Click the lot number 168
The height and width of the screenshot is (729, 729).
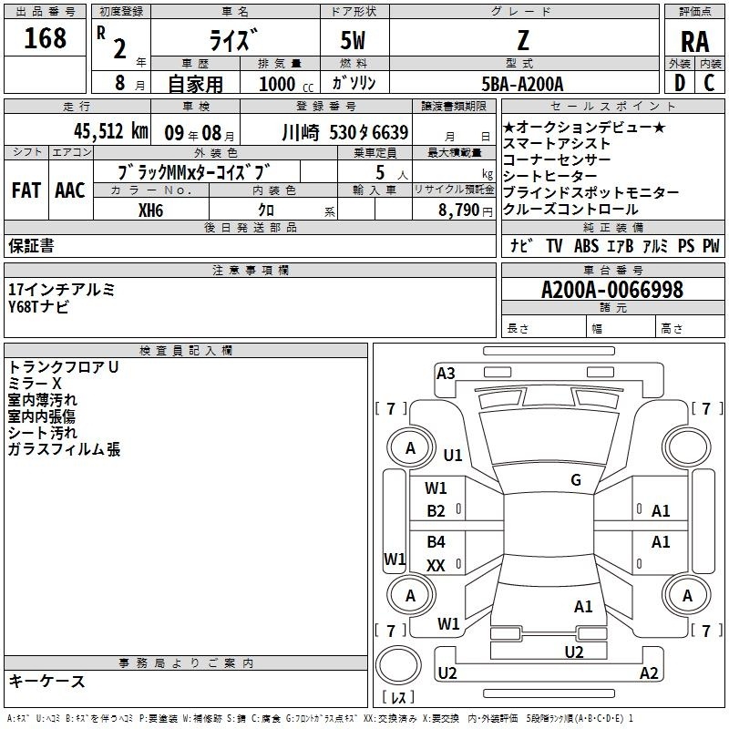[x=45, y=38]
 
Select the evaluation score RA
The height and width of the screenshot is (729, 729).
[x=694, y=42]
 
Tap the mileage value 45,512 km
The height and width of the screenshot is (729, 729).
[x=110, y=131]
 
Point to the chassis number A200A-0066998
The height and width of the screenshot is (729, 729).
[x=612, y=290]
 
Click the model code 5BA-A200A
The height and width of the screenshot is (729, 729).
[x=522, y=84]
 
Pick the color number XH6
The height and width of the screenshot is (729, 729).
[x=150, y=210]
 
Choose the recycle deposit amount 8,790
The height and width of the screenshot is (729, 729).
[x=458, y=210]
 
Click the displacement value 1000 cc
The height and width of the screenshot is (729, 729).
[x=286, y=84]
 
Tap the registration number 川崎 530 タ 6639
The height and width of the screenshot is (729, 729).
[x=345, y=133]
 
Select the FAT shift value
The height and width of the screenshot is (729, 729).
[x=26, y=190]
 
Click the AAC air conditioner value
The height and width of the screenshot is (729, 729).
[x=70, y=190]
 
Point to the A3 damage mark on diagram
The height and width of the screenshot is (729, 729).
[x=446, y=374]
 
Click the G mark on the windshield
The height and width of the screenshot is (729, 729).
[x=576, y=480]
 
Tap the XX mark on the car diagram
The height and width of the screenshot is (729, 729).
[x=436, y=565]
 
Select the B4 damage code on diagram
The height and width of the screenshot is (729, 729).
[x=436, y=541]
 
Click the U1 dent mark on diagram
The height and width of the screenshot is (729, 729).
[x=452, y=455]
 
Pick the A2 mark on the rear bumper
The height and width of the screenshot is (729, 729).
[x=649, y=673]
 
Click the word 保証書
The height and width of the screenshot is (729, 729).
[x=31, y=246]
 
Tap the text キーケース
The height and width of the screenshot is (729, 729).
[x=47, y=682]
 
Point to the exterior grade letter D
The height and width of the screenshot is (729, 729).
[x=679, y=83]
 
